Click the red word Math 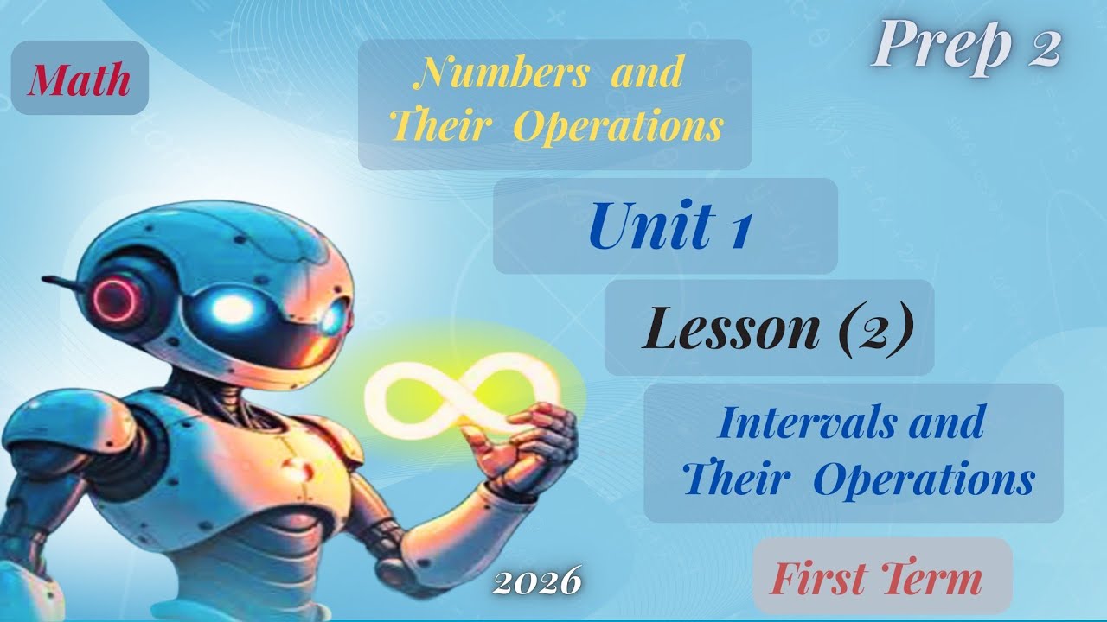click(x=80, y=80)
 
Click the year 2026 click(x=536, y=582)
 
